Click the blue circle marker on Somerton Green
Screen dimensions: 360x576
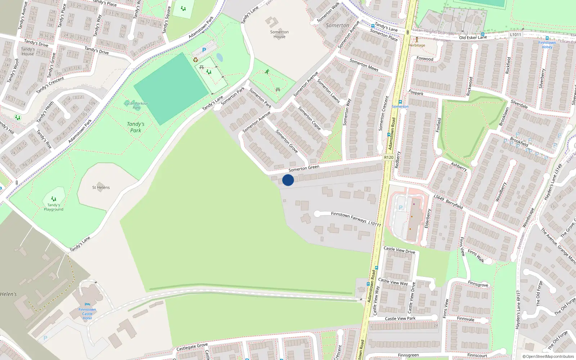(288, 180)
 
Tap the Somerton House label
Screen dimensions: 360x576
(279, 34)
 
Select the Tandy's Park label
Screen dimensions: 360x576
(136, 127)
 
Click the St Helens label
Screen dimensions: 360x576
(101, 188)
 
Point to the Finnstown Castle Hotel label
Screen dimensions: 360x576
(87, 314)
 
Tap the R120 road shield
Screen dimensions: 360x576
(388, 157)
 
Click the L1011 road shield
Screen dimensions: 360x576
(516, 35)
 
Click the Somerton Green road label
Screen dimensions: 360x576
(304, 168)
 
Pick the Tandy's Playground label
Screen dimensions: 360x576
(54, 207)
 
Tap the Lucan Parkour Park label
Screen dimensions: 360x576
(136, 105)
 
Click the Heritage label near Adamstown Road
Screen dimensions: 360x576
(417, 45)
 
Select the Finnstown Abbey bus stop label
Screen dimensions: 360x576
(547, 45)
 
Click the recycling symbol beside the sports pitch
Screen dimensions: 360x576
(195, 60)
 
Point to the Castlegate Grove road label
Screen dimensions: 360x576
(192, 347)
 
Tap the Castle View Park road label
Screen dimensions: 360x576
(400, 319)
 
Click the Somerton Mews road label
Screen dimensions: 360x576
(364, 65)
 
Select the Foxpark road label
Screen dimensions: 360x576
(416, 93)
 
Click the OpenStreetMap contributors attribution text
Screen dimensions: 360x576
(550, 357)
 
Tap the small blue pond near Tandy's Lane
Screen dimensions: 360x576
(220, 57)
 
